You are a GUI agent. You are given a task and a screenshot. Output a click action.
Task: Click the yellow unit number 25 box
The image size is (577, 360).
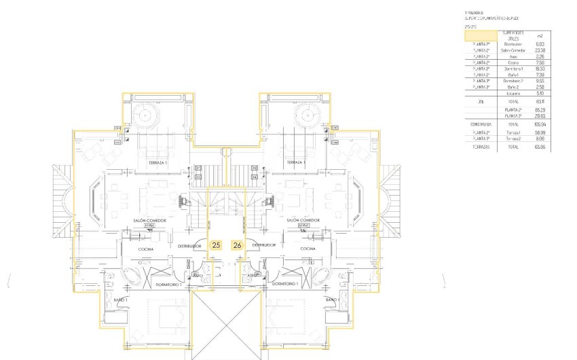(x=217, y=245)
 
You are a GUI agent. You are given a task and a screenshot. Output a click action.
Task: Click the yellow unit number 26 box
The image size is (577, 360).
(x=237, y=245)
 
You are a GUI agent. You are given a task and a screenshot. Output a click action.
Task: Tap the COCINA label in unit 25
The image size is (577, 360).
(x=146, y=249)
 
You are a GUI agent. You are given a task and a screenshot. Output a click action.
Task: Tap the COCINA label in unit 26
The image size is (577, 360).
(x=309, y=249)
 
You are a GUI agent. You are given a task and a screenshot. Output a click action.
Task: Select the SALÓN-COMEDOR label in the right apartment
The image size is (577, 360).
(x=303, y=220)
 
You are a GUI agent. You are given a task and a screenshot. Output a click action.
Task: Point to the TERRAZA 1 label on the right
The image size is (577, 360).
(x=296, y=163)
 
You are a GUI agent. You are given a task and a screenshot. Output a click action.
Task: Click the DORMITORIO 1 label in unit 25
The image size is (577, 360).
(x=168, y=283)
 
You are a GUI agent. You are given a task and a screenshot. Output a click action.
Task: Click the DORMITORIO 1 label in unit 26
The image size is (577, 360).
(x=285, y=283)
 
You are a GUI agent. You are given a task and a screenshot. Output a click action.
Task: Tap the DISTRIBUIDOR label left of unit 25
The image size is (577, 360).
(x=190, y=245)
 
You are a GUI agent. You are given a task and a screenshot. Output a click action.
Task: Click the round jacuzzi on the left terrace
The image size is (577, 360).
(x=147, y=115)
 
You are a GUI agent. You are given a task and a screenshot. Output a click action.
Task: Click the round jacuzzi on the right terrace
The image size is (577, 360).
(x=307, y=115)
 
